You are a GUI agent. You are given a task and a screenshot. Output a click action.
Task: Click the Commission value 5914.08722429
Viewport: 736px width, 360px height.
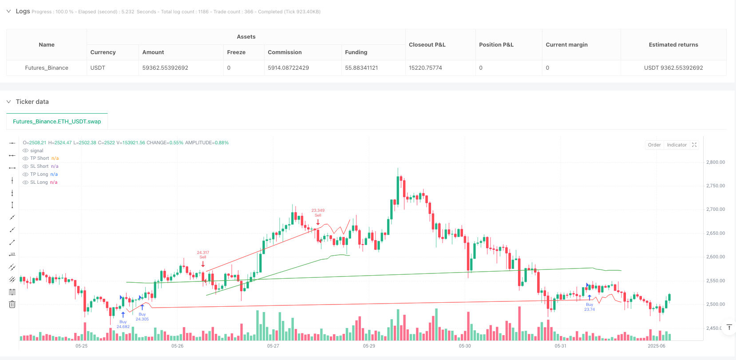coord(288,68)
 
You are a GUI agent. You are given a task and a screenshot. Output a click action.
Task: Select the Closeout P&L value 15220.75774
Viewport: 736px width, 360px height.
coord(425,68)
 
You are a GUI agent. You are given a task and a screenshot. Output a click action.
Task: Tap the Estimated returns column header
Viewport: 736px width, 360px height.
coord(673,45)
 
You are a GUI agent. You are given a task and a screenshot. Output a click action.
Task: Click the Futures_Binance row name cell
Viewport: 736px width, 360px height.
coord(47,68)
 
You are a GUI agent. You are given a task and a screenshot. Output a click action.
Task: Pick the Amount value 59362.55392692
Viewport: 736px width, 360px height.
coord(165,68)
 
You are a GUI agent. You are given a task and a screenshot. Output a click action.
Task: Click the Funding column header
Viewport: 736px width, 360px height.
coord(356,52)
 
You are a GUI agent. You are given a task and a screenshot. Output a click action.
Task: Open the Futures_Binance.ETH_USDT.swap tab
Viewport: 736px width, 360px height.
coord(57,122)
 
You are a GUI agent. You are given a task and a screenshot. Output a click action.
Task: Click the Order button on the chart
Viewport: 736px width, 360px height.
coord(654,145)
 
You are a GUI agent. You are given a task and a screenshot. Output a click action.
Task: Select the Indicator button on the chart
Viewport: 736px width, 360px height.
coord(677,145)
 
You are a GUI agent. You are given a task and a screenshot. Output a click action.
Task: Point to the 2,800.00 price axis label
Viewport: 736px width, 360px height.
coord(715,162)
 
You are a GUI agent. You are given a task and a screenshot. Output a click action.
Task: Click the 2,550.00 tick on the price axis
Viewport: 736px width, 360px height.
coord(715,281)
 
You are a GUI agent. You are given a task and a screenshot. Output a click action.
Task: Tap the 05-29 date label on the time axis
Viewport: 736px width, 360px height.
coord(369,346)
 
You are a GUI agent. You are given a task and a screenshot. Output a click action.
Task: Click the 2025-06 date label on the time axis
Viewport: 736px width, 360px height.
coord(656,346)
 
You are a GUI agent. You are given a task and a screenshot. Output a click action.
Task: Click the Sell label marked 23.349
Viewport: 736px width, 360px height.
coord(318,213)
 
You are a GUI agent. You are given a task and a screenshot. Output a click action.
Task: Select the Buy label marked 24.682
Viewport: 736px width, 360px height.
coord(123,324)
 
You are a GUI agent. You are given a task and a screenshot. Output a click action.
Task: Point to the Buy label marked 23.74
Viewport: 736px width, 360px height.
coord(589,307)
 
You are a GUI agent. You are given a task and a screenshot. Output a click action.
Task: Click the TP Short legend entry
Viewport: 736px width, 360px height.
coord(40,158)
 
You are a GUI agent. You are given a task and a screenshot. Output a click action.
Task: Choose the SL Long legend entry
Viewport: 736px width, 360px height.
coord(39,182)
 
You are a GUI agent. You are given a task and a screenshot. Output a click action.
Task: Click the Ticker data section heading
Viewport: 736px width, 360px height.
coord(32,102)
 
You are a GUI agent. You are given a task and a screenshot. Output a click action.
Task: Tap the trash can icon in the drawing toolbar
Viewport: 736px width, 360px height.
coord(12,305)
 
